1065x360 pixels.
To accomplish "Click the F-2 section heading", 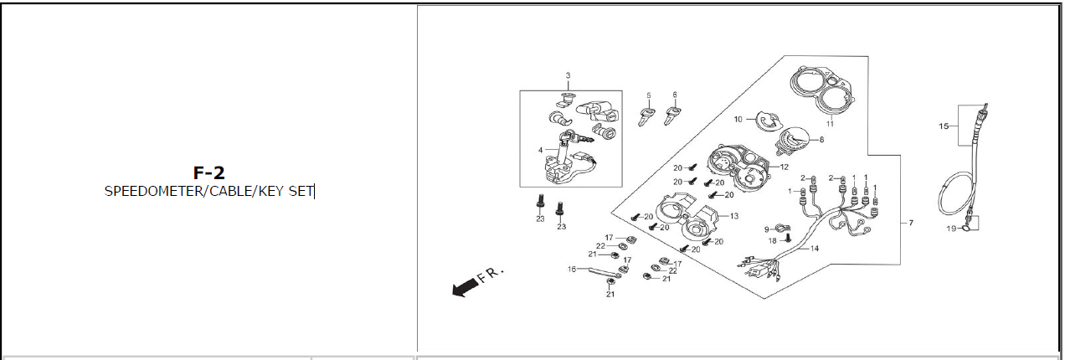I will click(x=208, y=173).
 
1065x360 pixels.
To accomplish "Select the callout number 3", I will click(x=568, y=76).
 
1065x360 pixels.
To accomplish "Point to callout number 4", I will click(x=541, y=151).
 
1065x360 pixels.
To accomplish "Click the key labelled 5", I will click(x=646, y=116).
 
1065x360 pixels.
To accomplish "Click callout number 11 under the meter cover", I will click(x=830, y=124).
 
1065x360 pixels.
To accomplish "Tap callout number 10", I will click(x=738, y=120).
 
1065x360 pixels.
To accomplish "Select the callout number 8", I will click(x=821, y=140).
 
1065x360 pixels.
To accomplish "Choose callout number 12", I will click(x=785, y=167).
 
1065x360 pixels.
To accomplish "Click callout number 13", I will click(x=734, y=216).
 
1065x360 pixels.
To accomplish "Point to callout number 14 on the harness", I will click(x=814, y=248).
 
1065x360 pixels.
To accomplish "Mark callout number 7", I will click(x=910, y=224).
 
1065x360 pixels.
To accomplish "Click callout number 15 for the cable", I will click(x=944, y=126).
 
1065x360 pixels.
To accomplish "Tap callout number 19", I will click(x=950, y=228).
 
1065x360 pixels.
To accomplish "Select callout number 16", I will click(x=572, y=269).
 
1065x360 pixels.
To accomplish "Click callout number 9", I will click(x=766, y=229).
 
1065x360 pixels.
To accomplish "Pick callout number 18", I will click(x=772, y=240).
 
